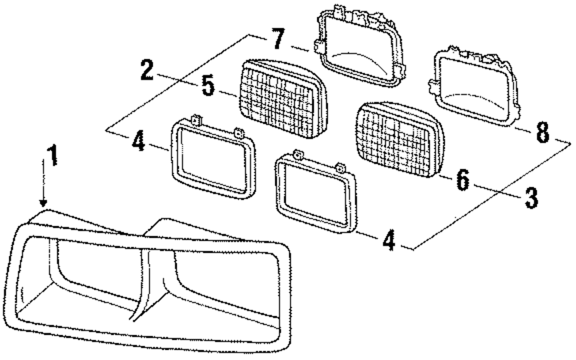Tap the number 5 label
[x=209, y=86]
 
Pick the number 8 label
[x=541, y=133]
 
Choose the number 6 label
[x=463, y=180]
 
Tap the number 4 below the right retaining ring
[x=389, y=240]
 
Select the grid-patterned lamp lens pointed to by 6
[x=400, y=138]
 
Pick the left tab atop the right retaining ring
[x=297, y=155]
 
